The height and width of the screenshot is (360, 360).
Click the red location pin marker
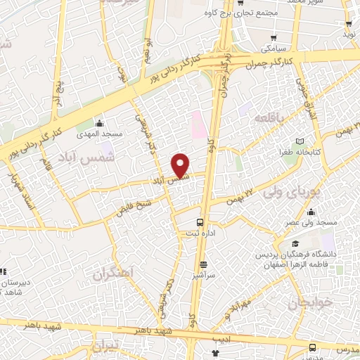pyautogui.click(x=181, y=165)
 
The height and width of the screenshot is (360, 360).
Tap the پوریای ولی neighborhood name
pyautogui.click(x=292, y=190)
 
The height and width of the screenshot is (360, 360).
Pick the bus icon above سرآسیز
pyautogui.click(x=203, y=264)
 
